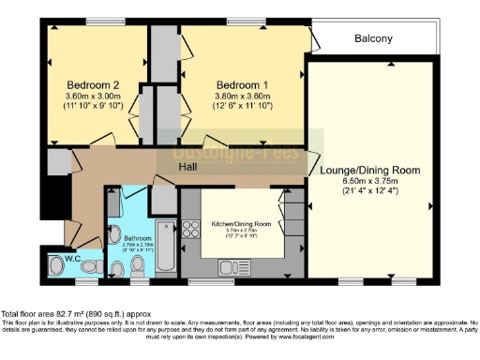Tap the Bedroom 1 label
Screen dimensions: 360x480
pyautogui.click(x=241, y=83)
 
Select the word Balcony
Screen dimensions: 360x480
pyautogui.click(x=373, y=39)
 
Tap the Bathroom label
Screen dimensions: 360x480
pyautogui.click(x=137, y=238)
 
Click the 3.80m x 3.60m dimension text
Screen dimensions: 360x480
pyautogui.click(x=241, y=95)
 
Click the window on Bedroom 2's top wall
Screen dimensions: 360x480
pyautogui.click(x=99, y=22)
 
